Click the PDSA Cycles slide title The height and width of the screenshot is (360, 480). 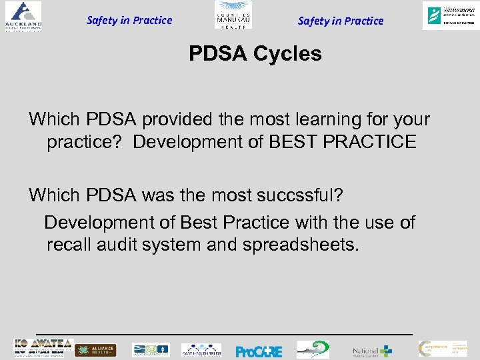(255, 53)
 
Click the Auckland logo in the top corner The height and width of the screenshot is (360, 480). (22, 15)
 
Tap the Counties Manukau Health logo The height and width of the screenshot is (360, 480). (233, 15)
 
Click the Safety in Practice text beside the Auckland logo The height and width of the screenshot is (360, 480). (129, 20)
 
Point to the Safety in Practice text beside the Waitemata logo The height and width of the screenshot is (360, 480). (341, 21)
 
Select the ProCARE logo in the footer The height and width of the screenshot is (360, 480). (259, 351)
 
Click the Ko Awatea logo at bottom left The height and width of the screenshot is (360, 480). (42, 348)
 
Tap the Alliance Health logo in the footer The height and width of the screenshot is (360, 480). (95, 350)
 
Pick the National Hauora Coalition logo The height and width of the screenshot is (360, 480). (372, 351)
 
